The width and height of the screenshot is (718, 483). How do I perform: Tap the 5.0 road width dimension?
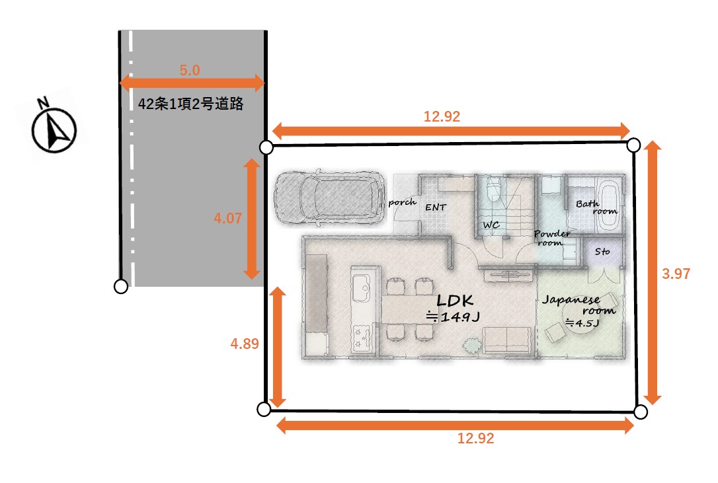[190, 70]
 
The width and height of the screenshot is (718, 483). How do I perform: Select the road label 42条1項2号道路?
[190, 104]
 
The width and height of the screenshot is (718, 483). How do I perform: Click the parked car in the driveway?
[329, 198]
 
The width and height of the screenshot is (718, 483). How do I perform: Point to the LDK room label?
[454, 301]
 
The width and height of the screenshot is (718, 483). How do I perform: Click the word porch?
[402, 202]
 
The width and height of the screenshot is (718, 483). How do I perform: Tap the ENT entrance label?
[435, 207]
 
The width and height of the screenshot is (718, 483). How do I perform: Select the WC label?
[491, 225]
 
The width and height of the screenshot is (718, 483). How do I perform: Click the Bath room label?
[596, 207]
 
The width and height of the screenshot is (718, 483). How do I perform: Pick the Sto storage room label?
[602, 251]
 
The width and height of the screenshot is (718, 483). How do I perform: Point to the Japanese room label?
[578, 305]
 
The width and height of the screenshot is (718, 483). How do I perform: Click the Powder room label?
[552, 238]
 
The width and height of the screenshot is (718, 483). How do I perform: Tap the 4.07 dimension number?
[227, 218]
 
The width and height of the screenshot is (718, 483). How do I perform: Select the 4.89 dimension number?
[245, 344]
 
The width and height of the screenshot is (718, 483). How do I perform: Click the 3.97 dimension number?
[676, 274]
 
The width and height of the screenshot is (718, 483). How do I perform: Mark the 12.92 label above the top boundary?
[442, 116]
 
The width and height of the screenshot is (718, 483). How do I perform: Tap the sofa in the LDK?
[507, 340]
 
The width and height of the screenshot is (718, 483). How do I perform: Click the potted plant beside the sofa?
[471, 345]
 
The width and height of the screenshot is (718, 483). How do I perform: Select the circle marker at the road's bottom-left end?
[121, 287]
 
